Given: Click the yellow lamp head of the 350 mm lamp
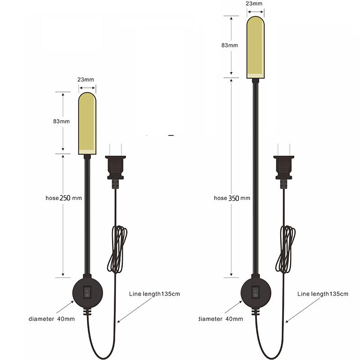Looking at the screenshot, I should point(255,47).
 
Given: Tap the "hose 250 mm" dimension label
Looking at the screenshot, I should point(63,198).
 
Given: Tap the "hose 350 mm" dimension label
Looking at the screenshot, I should point(232,198).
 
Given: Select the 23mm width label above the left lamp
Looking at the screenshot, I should point(86,79).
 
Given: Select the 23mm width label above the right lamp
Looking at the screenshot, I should point(254,3).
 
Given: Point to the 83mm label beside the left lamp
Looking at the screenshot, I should point(61,121).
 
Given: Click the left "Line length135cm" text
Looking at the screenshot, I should point(154,294).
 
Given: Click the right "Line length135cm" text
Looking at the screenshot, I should point(323,294).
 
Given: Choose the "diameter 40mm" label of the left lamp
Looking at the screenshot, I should point(52,319).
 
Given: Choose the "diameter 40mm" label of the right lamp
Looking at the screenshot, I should point(221,319).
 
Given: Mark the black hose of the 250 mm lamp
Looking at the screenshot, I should point(87,216).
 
